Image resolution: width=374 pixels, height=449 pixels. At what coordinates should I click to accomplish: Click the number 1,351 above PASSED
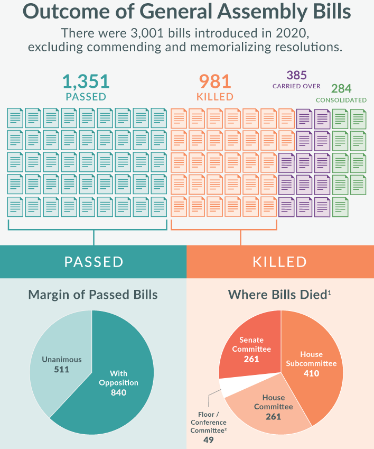click(86, 82)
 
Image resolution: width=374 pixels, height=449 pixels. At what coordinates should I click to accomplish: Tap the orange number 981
click(215, 82)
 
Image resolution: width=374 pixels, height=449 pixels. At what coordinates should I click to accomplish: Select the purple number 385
click(296, 75)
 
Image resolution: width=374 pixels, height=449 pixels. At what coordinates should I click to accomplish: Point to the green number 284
click(341, 88)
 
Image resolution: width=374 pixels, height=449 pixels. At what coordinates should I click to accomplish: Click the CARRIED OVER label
click(296, 86)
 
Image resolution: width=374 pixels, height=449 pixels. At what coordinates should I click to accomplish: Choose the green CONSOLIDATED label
click(341, 100)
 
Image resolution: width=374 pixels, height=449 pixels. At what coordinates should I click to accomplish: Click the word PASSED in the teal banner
click(93, 262)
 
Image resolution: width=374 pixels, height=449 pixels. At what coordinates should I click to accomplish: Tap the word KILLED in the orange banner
click(280, 262)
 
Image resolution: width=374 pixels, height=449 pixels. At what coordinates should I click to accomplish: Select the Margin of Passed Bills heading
click(93, 295)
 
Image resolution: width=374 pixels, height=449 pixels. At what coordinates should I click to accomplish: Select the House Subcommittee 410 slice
click(317, 365)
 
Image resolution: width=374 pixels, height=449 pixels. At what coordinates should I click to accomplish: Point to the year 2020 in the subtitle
click(287, 32)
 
